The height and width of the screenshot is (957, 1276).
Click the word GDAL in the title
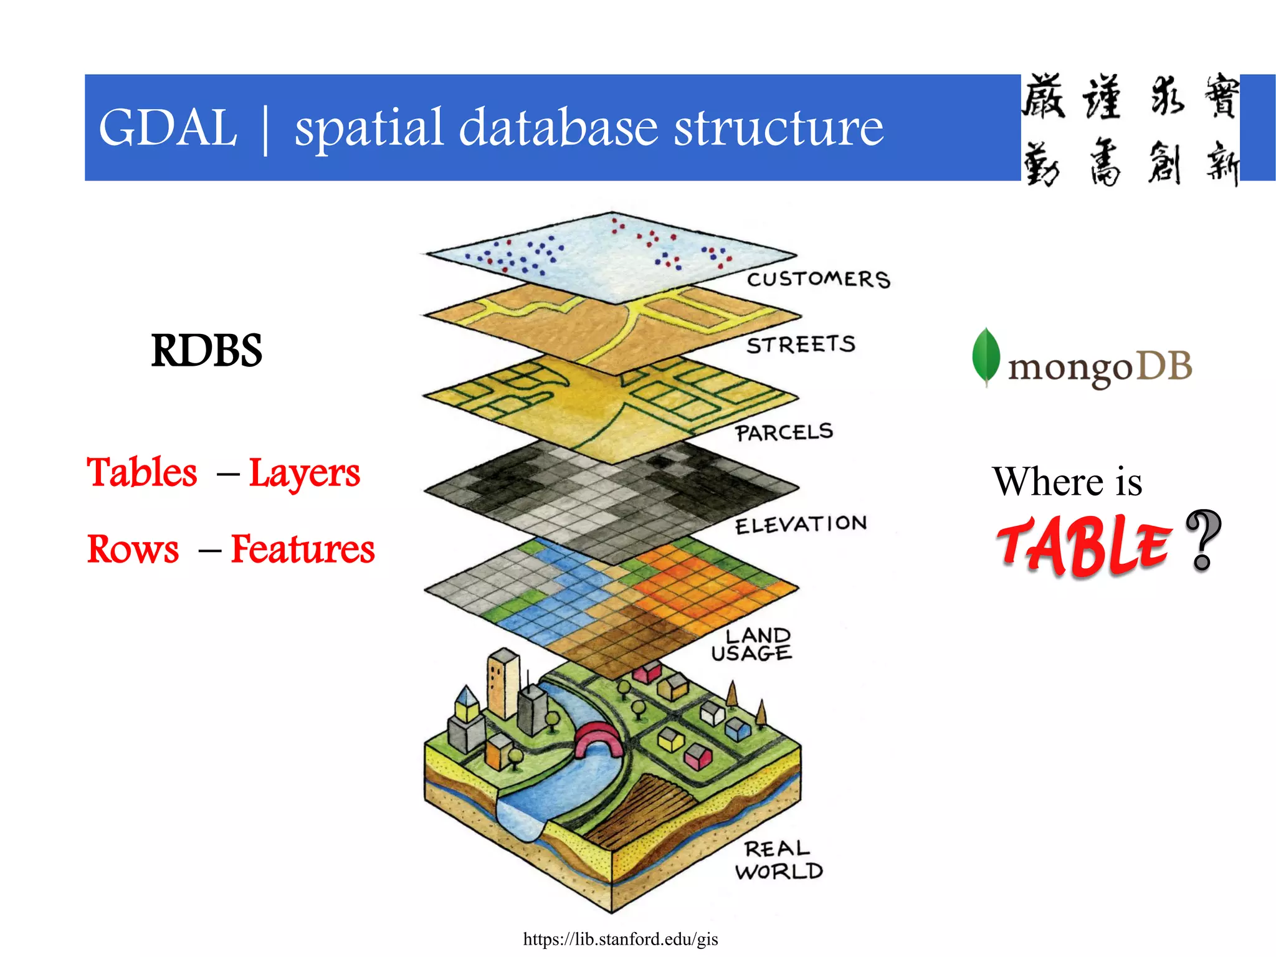click(168, 128)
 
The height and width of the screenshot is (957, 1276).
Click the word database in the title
click(558, 128)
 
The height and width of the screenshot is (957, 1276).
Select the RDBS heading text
click(206, 350)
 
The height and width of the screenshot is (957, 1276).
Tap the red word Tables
click(142, 472)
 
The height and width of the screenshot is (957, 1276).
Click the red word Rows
click(133, 550)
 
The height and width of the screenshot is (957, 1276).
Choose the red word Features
click(303, 550)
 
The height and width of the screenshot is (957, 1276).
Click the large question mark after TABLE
click(1203, 540)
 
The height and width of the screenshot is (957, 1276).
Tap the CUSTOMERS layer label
click(819, 279)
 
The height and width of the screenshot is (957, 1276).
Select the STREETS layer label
click(801, 345)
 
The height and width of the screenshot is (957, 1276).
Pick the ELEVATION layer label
click(801, 525)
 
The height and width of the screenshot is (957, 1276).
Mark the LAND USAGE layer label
click(753, 644)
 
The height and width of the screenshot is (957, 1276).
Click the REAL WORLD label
click(779, 860)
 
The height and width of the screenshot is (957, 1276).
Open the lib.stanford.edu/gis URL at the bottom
click(621, 939)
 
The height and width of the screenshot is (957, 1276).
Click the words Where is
click(1067, 482)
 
